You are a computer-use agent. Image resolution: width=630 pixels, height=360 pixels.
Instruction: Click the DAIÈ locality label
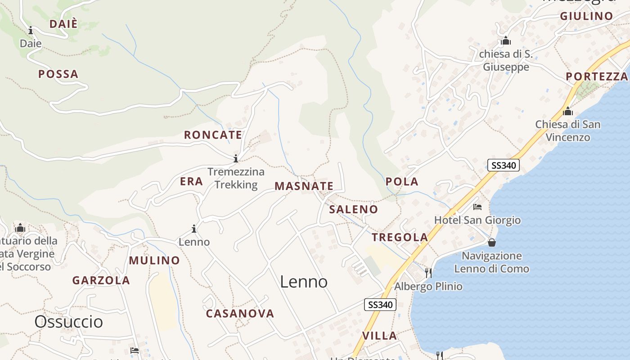(x=63, y=24)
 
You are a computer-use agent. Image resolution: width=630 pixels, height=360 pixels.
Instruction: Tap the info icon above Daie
(x=31, y=31)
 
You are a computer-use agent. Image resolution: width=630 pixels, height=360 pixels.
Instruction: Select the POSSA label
(x=58, y=74)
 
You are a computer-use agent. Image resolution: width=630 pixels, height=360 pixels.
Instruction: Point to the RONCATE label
(x=213, y=135)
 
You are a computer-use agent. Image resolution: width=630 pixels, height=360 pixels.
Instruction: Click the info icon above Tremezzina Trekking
(x=236, y=158)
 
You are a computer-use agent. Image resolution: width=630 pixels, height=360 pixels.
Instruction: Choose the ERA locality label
(x=191, y=181)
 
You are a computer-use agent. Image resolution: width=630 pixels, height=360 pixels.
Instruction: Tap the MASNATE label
(x=304, y=186)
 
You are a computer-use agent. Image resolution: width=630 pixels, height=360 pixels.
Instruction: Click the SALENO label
(x=353, y=209)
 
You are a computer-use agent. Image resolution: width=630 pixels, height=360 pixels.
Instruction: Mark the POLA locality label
(x=402, y=182)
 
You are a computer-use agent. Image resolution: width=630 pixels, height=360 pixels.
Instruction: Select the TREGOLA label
(x=400, y=238)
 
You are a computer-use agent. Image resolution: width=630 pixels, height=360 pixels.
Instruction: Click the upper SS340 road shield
(x=504, y=165)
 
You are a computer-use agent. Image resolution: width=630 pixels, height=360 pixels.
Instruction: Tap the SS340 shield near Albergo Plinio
(x=380, y=305)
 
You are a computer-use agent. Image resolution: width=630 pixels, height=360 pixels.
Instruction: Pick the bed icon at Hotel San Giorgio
(x=477, y=207)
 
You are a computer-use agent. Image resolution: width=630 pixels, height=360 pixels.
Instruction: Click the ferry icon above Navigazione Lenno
(x=492, y=243)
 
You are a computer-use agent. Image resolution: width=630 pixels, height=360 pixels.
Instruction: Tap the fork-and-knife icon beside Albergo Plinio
(x=428, y=273)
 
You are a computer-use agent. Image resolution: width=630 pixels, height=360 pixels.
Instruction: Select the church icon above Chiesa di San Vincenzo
(x=568, y=111)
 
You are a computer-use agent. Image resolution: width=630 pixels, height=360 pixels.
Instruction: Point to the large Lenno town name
(x=304, y=282)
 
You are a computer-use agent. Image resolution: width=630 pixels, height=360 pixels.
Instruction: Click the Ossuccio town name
(x=69, y=322)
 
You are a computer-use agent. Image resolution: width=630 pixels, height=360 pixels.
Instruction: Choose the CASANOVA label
(x=240, y=314)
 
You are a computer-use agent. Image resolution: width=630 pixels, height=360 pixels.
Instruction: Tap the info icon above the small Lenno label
(x=194, y=229)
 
